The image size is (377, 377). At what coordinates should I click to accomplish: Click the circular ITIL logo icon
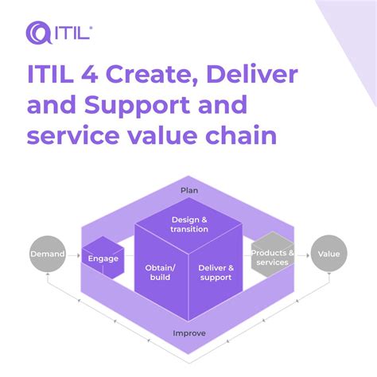pyautogui.click(x=40, y=33)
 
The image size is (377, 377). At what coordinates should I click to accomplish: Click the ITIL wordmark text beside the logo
pyautogui.click(x=74, y=33)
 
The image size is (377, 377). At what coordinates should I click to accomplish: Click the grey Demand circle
pyautogui.click(x=48, y=255)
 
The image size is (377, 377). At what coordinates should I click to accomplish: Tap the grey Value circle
pyautogui.click(x=328, y=255)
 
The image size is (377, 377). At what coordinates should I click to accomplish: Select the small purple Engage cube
pyautogui.click(x=103, y=258)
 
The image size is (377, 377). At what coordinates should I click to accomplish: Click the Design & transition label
pyautogui.click(x=189, y=223)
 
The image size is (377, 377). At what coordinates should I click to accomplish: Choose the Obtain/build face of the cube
pyautogui.click(x=161, y=274)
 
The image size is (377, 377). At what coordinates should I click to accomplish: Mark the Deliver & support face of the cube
pyautogui.click(x=216, y=274)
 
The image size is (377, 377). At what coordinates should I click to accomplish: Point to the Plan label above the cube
pyautogui.click(x=189, y=190)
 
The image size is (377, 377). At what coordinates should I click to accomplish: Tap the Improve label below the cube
pyautogui.click(x=189, y=332)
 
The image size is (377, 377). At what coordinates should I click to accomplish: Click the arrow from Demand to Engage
pyautogui.click(x=74, y=255)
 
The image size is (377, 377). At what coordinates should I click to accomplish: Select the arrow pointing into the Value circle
pyautogui.click(x=302, y=255)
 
